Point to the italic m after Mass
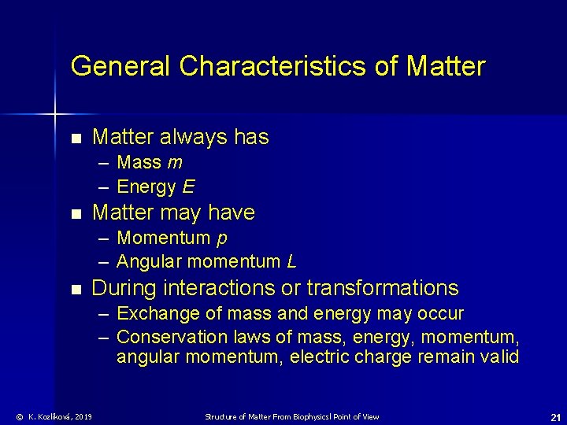[176, 163]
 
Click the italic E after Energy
[189, 187]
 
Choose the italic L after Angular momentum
[291, 261]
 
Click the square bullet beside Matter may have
[76, 213]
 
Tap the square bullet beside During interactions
[76, 289]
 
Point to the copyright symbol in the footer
[20, 417]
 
